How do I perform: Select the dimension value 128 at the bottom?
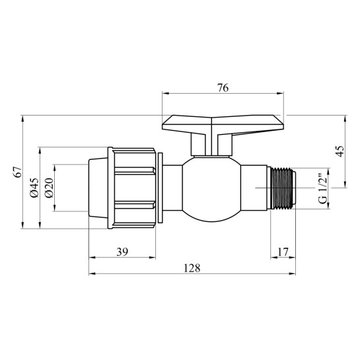pos(192,268)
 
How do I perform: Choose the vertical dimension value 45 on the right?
pos(339,152)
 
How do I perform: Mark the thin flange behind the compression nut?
pos(159,188)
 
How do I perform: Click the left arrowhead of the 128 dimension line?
pos(92,274)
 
